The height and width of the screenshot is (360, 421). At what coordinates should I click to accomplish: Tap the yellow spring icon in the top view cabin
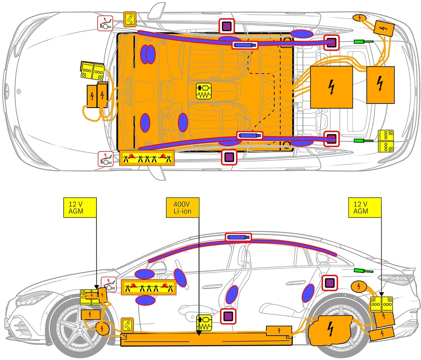(205, 91)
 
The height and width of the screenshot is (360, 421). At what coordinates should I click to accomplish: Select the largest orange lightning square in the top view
(331, 87)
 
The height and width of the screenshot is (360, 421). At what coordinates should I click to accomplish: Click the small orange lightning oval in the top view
(359, 17)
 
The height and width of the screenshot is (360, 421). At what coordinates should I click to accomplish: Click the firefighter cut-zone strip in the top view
(147, 158)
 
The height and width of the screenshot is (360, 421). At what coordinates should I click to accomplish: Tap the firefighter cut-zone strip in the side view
(148, 288)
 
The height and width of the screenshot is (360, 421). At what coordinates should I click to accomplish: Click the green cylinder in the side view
(360, 271)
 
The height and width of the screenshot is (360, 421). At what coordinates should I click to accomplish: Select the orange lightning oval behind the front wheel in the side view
(102, 328)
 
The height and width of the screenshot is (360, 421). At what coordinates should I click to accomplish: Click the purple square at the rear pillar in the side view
(329, 283)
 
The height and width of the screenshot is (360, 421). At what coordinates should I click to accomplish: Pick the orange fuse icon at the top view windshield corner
(130, 19)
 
